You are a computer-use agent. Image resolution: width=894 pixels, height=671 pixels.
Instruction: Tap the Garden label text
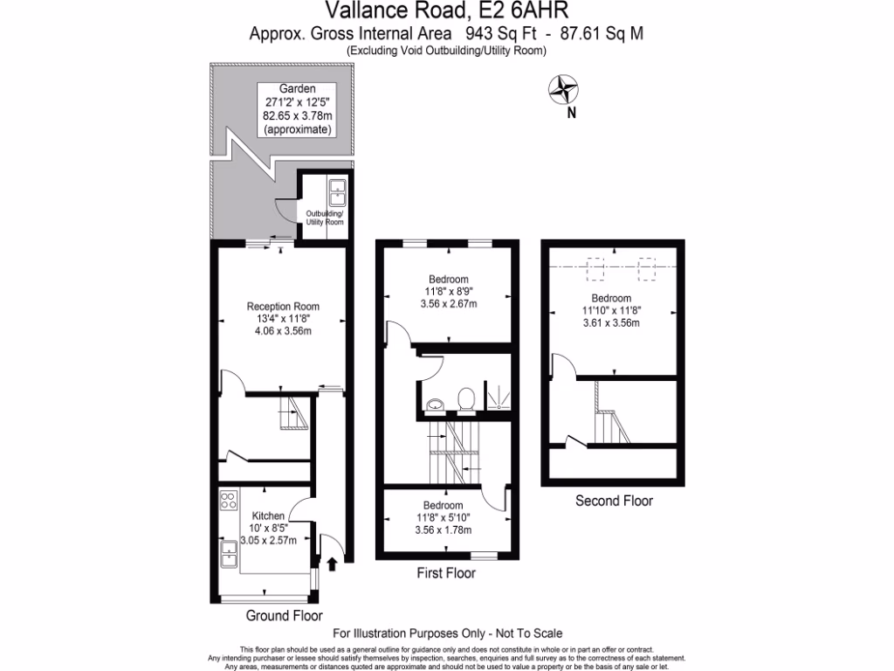297,89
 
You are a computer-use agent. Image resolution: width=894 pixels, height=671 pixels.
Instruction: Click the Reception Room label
283,307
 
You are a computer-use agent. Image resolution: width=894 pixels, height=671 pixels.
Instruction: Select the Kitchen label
270,515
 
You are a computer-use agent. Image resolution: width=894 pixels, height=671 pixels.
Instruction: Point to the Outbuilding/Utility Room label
325,218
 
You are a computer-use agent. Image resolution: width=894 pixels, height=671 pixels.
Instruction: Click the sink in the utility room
336,191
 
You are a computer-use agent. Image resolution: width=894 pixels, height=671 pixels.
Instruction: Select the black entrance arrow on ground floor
332,564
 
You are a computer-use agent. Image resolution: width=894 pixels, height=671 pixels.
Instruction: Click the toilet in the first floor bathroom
466,399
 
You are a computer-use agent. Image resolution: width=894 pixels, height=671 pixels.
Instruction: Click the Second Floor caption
614,502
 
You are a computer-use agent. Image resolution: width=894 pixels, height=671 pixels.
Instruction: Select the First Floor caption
444,574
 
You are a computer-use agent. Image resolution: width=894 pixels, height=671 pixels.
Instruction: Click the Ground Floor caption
279,616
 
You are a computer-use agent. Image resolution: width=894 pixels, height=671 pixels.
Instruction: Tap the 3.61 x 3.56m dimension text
610,322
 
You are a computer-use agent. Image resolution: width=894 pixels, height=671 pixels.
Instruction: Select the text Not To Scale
530,633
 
